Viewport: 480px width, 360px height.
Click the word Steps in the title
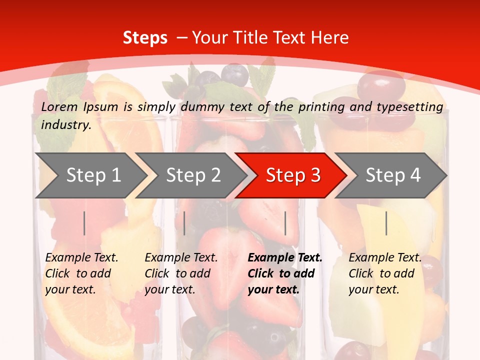(x=145, y=38)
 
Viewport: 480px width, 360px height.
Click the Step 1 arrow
(x=92, y=175)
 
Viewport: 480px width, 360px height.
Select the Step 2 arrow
(x=192, y=175)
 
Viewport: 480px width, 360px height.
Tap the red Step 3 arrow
(x=292, y=175)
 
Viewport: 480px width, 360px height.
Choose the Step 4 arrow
(x=392, y=175)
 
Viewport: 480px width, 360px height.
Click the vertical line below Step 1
(x=84, y=223)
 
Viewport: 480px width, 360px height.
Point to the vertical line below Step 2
(x=184, y=223)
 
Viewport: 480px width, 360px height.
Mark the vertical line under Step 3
(x=285, y=223)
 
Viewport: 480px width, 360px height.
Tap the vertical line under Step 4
(x=386, y=223)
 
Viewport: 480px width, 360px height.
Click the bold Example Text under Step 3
(x=285, y=258)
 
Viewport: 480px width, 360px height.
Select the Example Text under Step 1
(x=81, y=258)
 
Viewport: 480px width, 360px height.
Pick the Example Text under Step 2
(x=181, y=258)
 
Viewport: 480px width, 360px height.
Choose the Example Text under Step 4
(x=385, y=258)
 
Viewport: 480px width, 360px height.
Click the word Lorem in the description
(x=59, y=106)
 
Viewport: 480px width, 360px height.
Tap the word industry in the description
(x=66, y=125)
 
